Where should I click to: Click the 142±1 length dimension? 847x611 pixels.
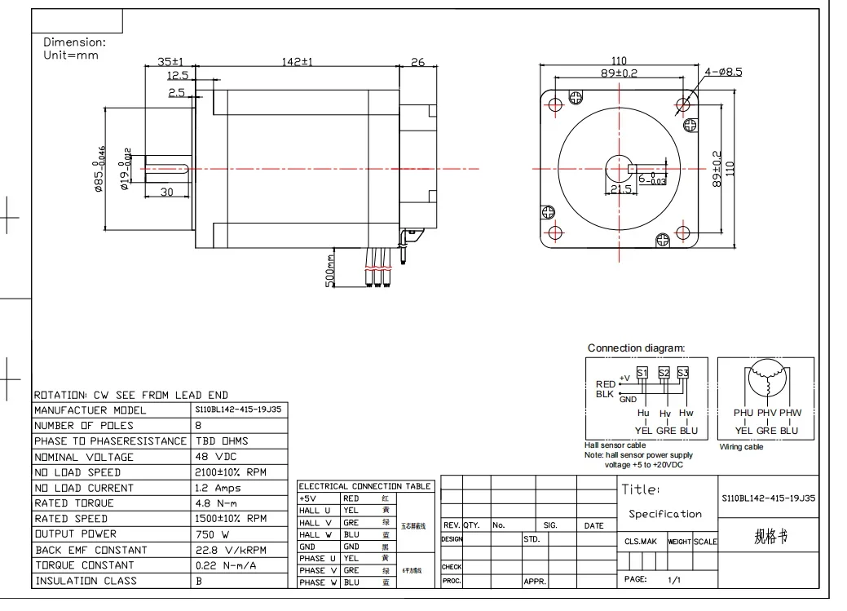click(297, 62)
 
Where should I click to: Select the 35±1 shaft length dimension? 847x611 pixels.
click(171, 62)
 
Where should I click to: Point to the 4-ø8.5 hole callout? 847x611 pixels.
click(723, 73)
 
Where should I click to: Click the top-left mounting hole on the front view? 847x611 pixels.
click(555, 104)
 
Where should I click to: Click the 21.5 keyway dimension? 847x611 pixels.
click(620, 189)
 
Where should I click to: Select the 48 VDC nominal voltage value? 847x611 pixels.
click(216, 457)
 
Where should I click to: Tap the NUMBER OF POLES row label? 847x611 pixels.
click(83, 426)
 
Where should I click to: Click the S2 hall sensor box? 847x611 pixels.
click(664, 373)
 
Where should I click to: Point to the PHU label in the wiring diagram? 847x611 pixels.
click(743, 414)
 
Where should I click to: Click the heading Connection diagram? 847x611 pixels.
click(636, 348)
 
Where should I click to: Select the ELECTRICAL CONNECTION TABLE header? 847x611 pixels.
click(364, 486)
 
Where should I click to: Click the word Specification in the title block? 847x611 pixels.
click(664, 515)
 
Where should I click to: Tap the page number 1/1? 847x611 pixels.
click(673, 580)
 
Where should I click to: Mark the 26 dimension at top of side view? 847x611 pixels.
click(417, 62)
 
